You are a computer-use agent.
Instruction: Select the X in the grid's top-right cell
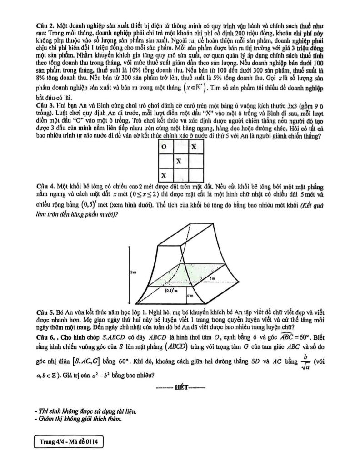click(194, 147)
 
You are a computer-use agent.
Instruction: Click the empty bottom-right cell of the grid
click(194, 175)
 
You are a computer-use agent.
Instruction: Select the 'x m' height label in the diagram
click(190, 295)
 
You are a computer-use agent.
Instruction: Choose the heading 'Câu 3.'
click(45, 104)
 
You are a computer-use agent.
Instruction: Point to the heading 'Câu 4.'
click(45, 187)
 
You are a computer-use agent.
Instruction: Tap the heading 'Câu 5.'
click(45, 313)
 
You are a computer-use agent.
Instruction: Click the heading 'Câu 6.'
click(45, 338)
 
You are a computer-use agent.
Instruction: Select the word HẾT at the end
click(180, 388)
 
